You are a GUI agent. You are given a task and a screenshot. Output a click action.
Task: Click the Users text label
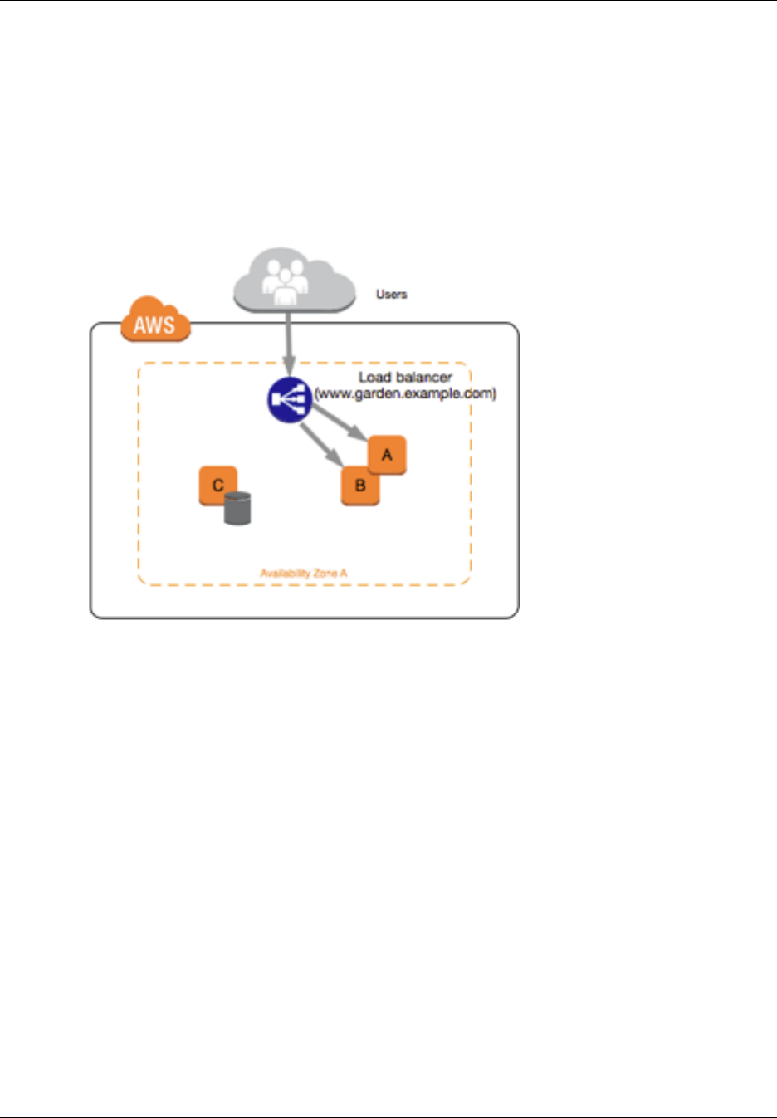coord(391,294)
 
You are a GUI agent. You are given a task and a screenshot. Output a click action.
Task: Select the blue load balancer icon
coord(289,399)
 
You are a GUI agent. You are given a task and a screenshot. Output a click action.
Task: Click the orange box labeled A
coord(387,454)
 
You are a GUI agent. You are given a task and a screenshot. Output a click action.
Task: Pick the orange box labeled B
coord(360,486)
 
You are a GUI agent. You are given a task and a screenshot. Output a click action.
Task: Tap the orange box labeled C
coord(217,485)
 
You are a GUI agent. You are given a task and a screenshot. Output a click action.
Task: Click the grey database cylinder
coord(237,508)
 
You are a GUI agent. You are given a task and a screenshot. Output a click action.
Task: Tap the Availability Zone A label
coord(303,573)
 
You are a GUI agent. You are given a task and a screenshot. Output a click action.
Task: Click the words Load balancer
coord(405,378)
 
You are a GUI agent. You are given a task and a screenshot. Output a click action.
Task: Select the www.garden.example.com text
coord(406,393)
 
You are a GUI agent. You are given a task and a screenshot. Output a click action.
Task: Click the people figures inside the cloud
coord(285,281)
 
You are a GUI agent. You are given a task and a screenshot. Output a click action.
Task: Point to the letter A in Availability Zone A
coord(344,573)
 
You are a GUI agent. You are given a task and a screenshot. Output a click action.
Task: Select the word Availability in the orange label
coord(284,573)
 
